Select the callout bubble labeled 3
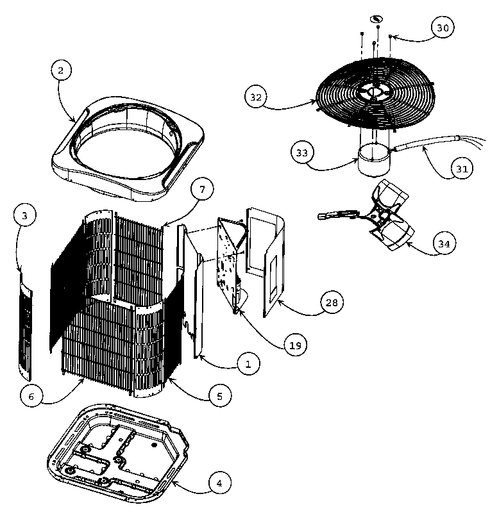tap(24, 216)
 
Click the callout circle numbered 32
tap(255, 97)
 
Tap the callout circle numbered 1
tap(248, 364)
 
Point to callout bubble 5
tap(219, 397)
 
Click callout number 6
tap(30, 395)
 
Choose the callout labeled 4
tap(219, 483)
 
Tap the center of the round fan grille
tap(373, 94)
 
